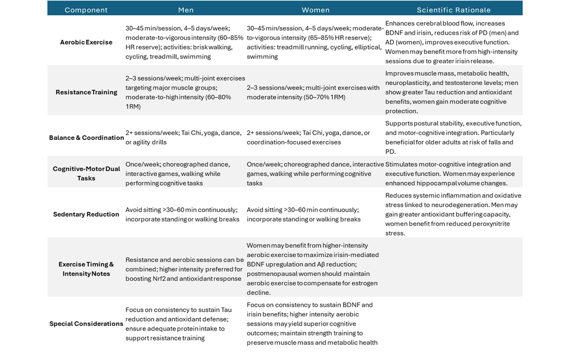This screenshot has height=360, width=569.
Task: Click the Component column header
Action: pos(86,10)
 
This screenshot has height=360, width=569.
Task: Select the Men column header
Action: pos(186,10)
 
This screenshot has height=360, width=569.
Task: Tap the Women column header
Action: pos(316,10)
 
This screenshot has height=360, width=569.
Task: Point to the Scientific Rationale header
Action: pos(453,10)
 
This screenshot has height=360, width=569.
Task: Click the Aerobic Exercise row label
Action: pos(86,42)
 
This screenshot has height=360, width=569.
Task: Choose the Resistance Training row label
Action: pos(86,92)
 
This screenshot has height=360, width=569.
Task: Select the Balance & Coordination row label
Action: pos(86,137)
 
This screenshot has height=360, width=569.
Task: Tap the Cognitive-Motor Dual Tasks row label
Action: pos(86,173)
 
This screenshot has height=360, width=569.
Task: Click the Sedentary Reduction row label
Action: pos(86,214)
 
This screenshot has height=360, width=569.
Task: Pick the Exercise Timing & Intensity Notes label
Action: pos(86,269)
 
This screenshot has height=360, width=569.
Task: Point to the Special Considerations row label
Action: pos(86,324)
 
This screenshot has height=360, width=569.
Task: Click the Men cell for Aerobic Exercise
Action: pos(184,42)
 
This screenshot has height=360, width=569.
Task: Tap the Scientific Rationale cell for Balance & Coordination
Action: pos(453,137)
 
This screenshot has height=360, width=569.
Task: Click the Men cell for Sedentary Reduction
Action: pos(182,214)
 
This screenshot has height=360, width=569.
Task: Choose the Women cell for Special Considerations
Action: pos(312,324)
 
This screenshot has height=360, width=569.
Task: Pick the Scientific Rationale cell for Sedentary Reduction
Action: pos(453,214)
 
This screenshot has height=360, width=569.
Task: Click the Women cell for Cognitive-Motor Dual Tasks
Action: pos(315,173)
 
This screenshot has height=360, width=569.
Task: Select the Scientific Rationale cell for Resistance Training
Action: pos(452,92)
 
